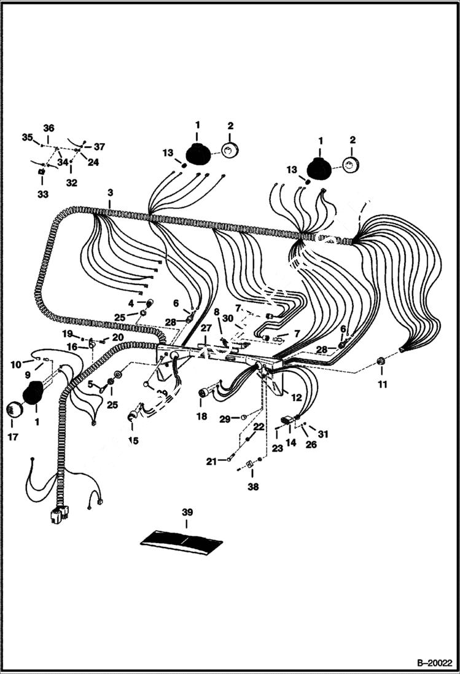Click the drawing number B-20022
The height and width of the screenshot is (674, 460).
click(434, 664)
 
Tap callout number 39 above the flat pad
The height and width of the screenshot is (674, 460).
click(187, 512)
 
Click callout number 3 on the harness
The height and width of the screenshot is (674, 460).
click(110, 193)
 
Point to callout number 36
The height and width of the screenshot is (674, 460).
click(49, 128)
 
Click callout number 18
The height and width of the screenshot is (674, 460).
click(201, 416)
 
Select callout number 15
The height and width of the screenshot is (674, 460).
click(133, 441)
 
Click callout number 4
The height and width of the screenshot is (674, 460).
click(131, 302)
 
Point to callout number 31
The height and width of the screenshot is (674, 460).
click(323, 434)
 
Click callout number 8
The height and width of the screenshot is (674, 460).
click(216, 312)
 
